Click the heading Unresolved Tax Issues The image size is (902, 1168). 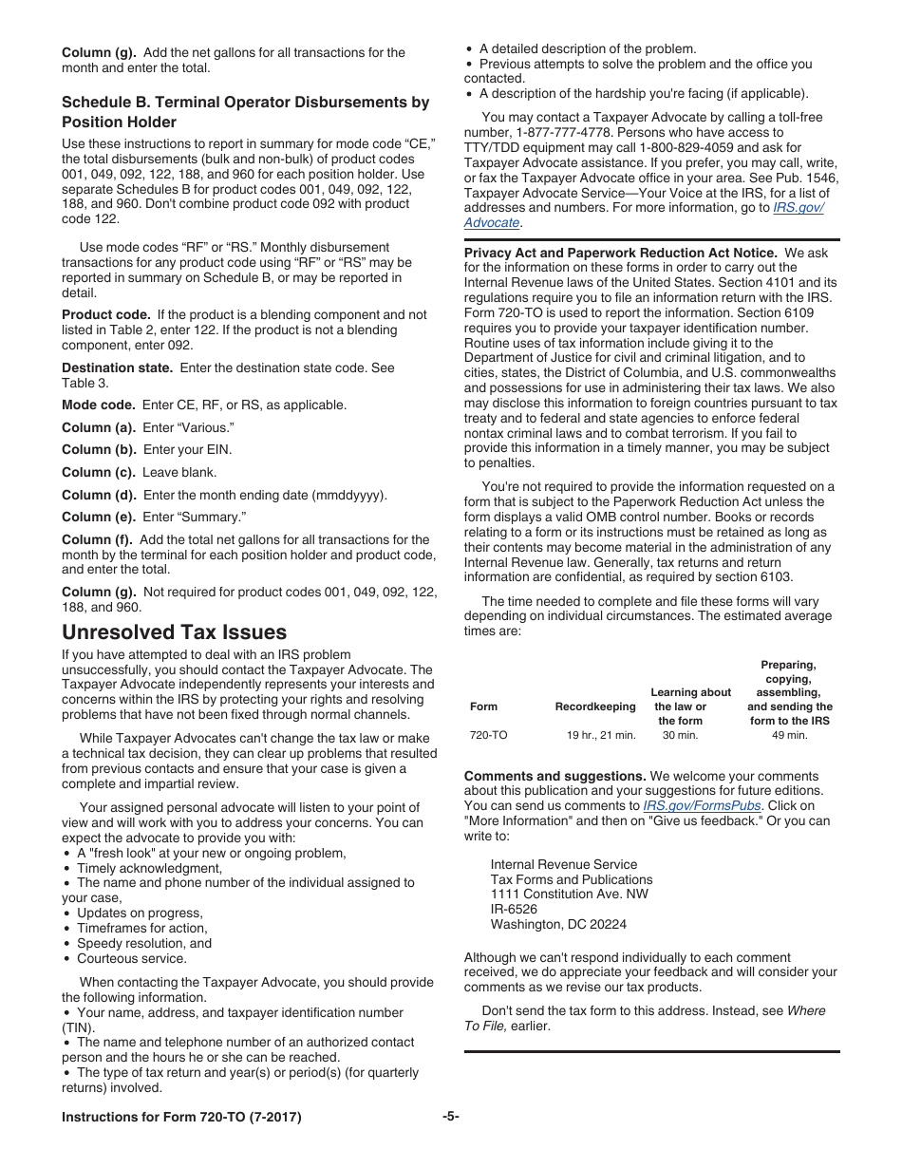(174, 632)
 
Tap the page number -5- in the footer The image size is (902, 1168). (450, 1117)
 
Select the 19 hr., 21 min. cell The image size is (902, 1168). (601, 735)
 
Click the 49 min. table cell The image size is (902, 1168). (789, 735)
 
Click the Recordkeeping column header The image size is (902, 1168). (595, 706)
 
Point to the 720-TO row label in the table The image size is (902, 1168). (489, 735)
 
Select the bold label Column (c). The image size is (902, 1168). (99, 472)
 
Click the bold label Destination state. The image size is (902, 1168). (117, 367)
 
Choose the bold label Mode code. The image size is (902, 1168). (99, 405)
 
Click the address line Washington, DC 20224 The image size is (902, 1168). (558, 924)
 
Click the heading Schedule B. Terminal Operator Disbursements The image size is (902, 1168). (245, 103)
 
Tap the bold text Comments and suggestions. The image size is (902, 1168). (554, 776)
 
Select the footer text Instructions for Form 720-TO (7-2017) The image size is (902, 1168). (181, 1118)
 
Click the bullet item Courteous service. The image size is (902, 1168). (132, 958)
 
